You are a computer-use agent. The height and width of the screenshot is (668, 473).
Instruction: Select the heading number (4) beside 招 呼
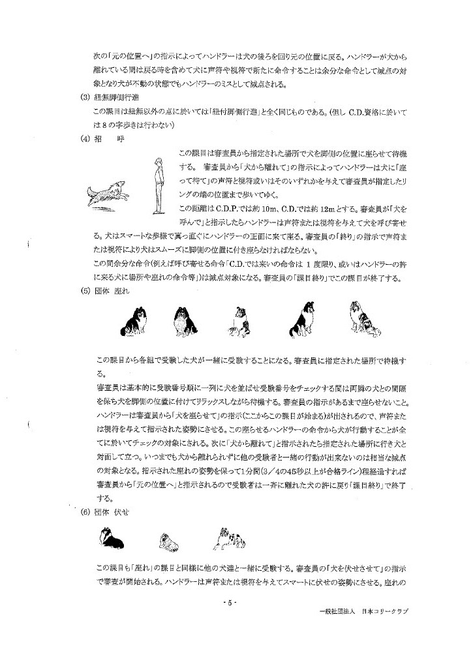tap(84, 138)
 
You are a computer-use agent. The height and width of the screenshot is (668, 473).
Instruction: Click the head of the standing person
tap(157, 161)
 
